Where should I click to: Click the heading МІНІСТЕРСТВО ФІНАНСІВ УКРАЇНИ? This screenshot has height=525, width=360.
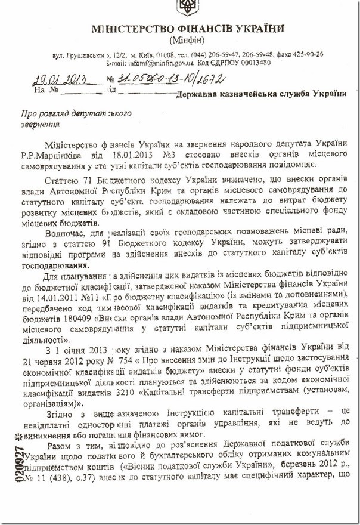point(188,29)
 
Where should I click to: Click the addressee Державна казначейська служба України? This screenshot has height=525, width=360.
point(262,93)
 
